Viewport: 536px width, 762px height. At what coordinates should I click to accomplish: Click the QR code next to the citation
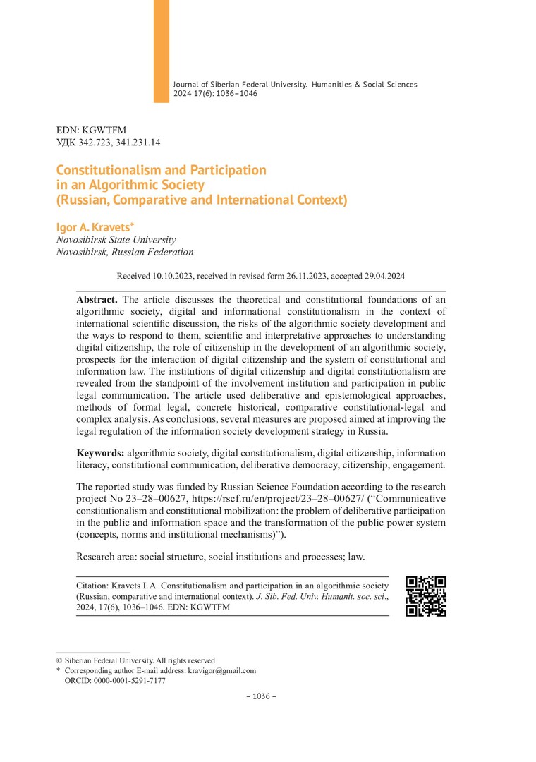coord(426,596)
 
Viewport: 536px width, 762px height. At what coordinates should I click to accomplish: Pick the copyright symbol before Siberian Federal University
coord(59,660)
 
